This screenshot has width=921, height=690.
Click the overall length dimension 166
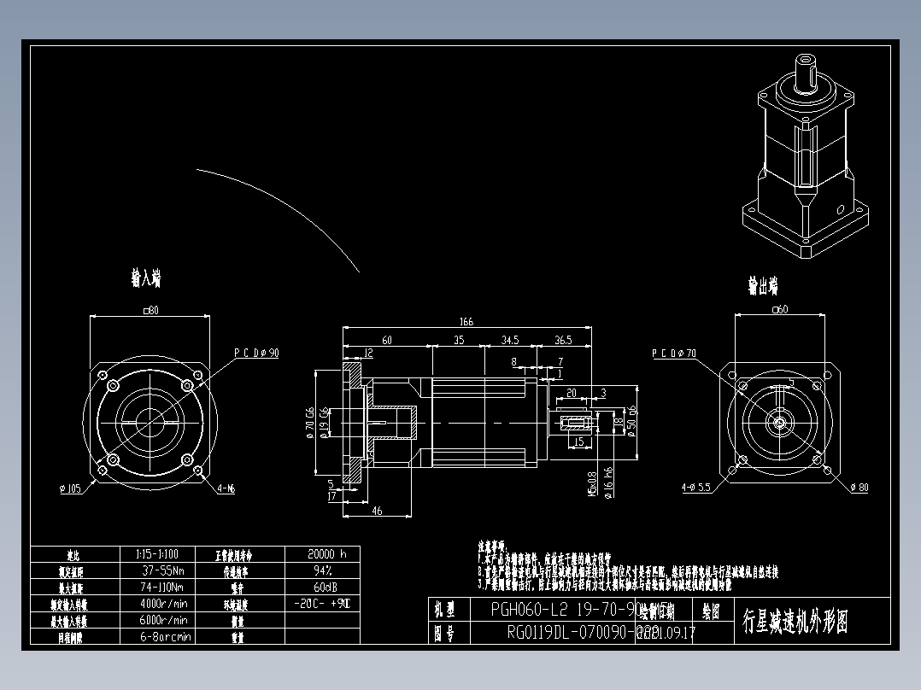click(466, 322)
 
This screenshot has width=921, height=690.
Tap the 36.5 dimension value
click(563, 340)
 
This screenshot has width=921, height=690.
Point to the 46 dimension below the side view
click(376, 511)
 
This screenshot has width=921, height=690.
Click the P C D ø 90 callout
click(256, 352)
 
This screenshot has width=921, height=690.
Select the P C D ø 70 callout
click(674, 352)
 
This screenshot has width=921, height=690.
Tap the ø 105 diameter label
click(69, 488)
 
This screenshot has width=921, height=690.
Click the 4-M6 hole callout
click(226, 488)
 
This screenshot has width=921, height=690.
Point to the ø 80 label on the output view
click(858, 488)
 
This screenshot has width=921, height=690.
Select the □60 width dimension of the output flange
click(779, 309)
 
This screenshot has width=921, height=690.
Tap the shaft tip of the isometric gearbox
click(806, 61)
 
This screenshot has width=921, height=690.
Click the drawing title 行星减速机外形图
click(795, 621)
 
